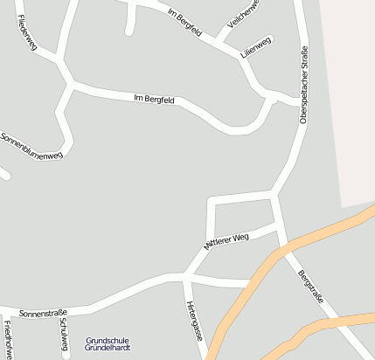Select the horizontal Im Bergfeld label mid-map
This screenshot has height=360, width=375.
155,100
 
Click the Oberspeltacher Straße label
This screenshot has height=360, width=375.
304,86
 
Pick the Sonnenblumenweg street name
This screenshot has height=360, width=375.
32,146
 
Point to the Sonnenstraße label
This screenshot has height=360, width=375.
43,312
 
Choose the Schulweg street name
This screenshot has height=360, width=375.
63,333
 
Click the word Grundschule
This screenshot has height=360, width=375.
108,340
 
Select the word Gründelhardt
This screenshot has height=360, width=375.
108,348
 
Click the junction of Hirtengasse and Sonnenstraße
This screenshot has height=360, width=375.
186,277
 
